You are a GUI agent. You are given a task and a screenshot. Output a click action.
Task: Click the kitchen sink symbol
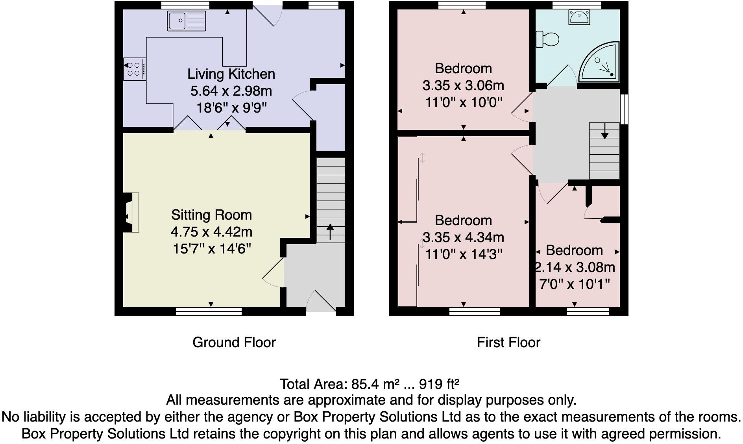(187, 21)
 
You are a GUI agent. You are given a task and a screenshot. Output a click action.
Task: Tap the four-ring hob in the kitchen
(135, 69)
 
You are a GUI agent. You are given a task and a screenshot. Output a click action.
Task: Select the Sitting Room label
(211, 215)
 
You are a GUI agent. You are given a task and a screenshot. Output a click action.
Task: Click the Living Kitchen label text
(231, 74)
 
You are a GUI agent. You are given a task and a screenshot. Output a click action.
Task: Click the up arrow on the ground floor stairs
(330, 232)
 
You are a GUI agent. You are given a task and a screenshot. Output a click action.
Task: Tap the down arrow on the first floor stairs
(604, 131)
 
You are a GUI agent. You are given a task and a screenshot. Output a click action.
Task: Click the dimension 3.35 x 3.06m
(463, 85)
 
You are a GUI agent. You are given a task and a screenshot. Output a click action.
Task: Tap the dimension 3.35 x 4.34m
(463, 237)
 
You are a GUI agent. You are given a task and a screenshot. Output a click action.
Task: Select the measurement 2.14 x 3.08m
(575, 267)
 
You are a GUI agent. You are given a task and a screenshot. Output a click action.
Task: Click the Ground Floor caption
(234, 342)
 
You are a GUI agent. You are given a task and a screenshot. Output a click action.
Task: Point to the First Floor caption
(508, 342)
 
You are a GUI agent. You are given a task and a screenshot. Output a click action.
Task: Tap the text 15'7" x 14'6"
(212, 249)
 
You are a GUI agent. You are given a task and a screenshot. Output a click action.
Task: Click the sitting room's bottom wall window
(209, 311)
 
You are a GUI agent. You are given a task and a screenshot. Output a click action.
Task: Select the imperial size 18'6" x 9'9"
(231, 108)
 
